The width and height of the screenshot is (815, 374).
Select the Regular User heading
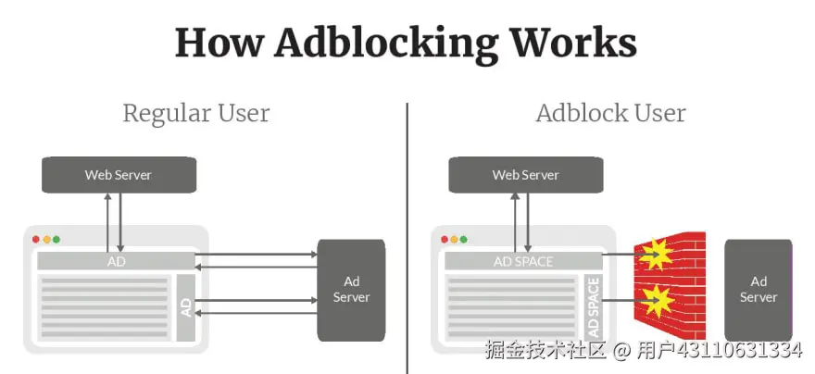[x=196, y=114]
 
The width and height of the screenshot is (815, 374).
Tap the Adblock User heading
[x=610, y=114]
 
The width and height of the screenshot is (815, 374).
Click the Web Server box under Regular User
[x=118, y=175]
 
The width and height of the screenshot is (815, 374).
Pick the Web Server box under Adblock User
[x=525, y=175]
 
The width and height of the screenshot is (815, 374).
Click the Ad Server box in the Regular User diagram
[x=351, y=289]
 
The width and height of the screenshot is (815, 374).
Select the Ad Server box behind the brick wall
[x=759, y=289]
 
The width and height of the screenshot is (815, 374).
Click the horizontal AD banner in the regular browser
[x=116, y=261]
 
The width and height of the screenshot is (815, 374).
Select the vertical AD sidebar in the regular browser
[x=186, y=307]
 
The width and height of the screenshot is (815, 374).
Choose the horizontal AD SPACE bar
[x=523, y=261]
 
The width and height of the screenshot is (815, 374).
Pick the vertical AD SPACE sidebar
[x=594, y=307]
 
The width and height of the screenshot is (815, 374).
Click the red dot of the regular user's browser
[x=36, y=239]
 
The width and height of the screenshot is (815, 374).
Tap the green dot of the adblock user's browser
[x=464, y=239]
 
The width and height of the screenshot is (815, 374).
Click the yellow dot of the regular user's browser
[x=46, y=239]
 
